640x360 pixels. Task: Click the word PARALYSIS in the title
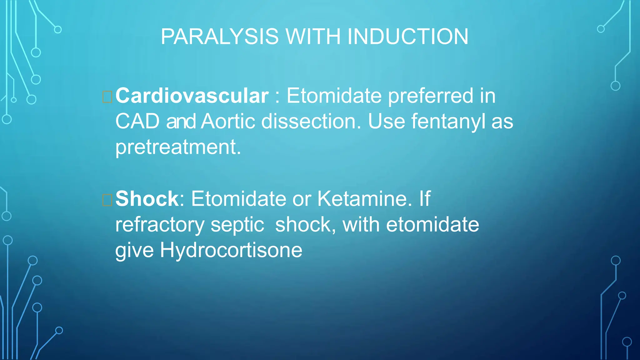219,37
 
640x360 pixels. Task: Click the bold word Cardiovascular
192,96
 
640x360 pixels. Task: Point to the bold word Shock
147,199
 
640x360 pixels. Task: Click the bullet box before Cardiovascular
107,97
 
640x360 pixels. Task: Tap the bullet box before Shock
107,200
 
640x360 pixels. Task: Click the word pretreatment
178,147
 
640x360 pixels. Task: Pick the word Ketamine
364,199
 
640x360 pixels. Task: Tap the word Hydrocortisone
231,250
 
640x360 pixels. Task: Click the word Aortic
228,121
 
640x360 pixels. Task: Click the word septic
237,225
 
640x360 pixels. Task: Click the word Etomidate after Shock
238,199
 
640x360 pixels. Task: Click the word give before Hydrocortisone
134,250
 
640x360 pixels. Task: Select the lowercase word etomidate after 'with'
432,225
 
